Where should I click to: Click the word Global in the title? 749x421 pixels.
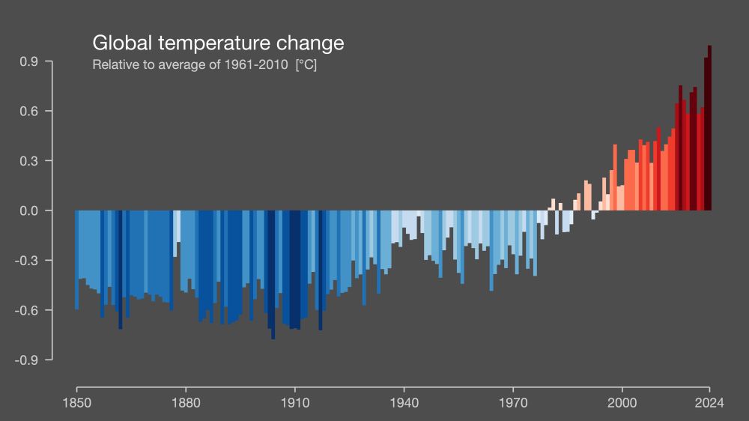pyautogui.click(x=118, y=43)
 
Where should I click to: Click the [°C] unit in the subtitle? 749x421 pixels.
pyautogui.click(x=306, y=65)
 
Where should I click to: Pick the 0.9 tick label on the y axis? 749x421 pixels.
pyautogui.click(x=29, y=61)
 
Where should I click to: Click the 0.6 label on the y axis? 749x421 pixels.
pyautogui.click(x=29, y=111)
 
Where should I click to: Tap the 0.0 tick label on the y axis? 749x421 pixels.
pyautogui.click(x=29, y=210)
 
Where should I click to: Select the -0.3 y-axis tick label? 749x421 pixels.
pyautogui.click(x=27, y=261)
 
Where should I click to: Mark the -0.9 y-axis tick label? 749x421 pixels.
pyautogui.click(x=27, y=360)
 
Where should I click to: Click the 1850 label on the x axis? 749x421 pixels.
pyautogui.click(x=76, y=402)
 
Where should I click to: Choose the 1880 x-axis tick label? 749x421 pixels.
pyautogui.click(x=186, y=402)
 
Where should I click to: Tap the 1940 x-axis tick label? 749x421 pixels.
pyautogui.click(x=404, y=402)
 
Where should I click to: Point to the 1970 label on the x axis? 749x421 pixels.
pyautogui.click(x=513, y=402)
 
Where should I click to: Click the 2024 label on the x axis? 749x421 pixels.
pyautogui.click(x=709, y=402)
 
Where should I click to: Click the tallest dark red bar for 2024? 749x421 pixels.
pyautogui.click(x=709, y=127)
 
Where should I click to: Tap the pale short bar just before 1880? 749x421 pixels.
pyautogui.click(x=175, y=233)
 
